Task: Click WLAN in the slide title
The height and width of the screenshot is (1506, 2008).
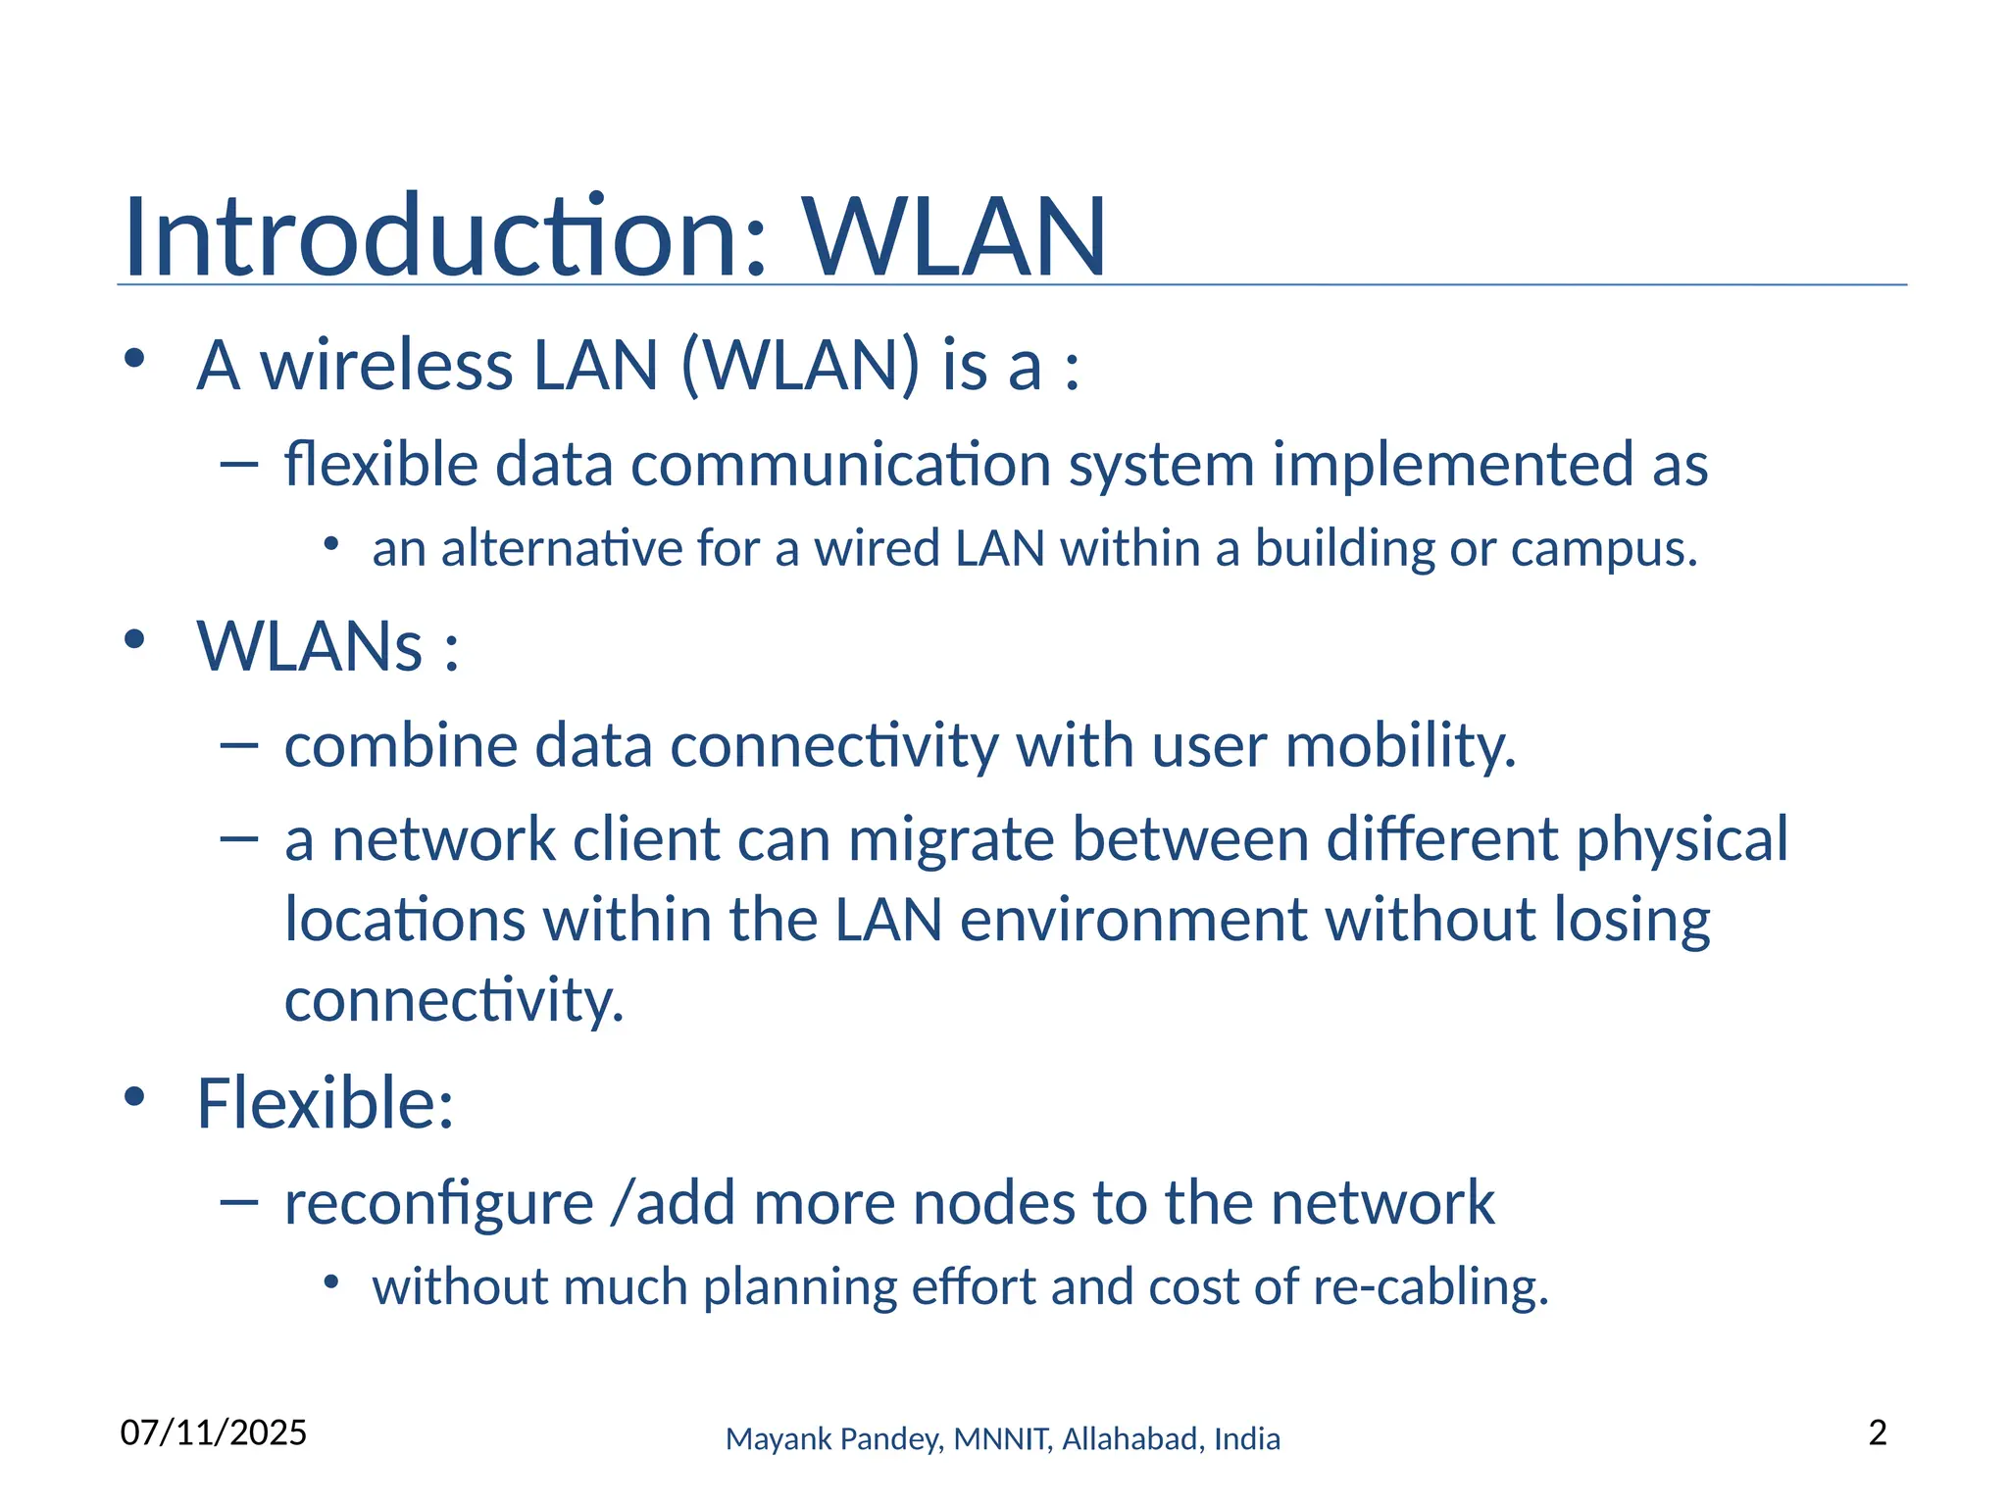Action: pos(955,237)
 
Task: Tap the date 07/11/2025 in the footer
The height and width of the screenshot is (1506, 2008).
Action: pos(214,1432)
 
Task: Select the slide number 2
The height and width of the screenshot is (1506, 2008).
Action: pos(1878,1432)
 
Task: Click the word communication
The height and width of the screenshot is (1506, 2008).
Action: pos(840,464)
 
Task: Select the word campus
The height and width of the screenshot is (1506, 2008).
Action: pos(1603,548)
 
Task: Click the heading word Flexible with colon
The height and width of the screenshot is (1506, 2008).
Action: pos(325,1102)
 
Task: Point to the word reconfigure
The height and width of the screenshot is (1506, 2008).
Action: pos(438,1202)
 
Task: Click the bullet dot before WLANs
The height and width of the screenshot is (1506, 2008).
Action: pos(134,640)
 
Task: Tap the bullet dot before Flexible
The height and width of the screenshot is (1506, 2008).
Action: pos(134,1096)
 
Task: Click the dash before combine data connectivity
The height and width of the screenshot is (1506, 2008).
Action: pos(239,746)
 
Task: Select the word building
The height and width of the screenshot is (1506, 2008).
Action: pos(1345,548)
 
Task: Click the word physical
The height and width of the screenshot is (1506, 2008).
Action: pos(1682,839)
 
